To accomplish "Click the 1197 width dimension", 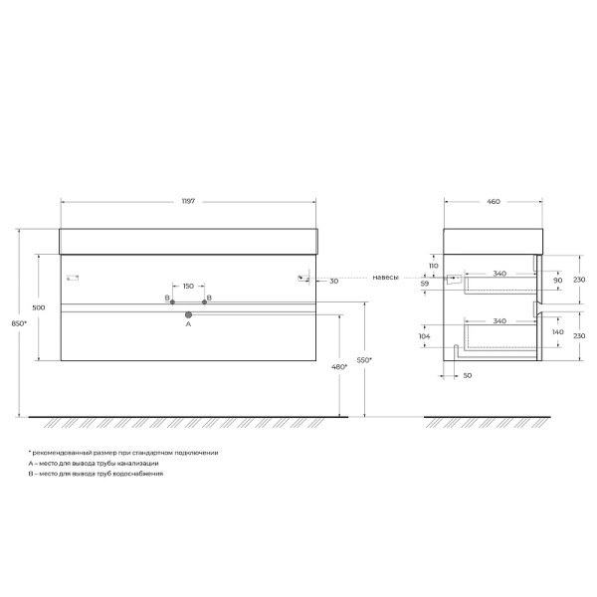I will click(187, 201).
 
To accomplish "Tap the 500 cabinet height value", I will click(38, 308).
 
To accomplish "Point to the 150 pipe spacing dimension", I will click(188, 287).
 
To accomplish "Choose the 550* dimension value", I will click(365, 359).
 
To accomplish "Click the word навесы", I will click(386, 278).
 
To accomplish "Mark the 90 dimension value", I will click(556, 280).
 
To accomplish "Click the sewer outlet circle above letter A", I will click(188, 314).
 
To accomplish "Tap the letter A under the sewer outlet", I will click(188, 324).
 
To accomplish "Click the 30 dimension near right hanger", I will click(333, 281).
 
